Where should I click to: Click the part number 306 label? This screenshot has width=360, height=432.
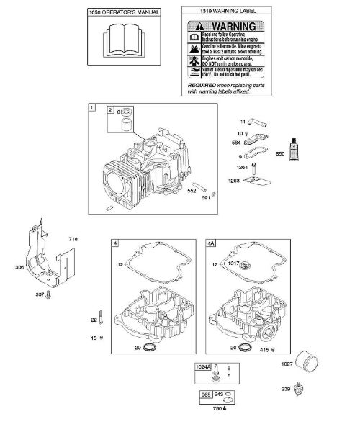click(18, 268)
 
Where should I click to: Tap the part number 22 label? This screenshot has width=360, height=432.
click(93, 320)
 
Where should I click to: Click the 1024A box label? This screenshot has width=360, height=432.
click(204, 367)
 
